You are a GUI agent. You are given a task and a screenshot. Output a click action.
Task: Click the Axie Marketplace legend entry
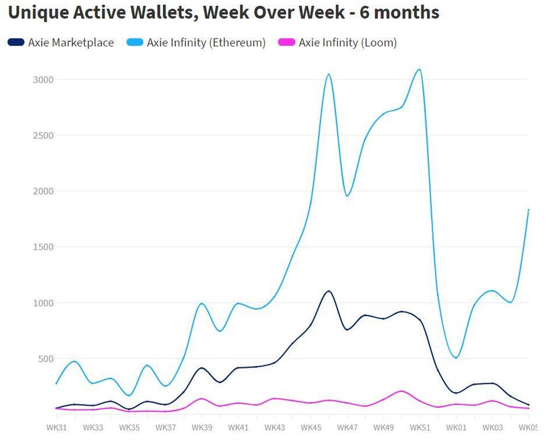pyautogui.click(x=71, y=43)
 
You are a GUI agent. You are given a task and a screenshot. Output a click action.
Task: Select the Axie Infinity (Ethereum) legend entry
pyautogui.click(x=206, y=43)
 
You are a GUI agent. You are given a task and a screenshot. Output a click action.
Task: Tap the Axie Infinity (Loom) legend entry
pyautogui.click(x=347, y=43)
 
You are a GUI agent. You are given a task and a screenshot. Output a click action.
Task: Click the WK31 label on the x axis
pyautogui.click(x=57, y=427)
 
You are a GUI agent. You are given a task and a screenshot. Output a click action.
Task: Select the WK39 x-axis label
pyautogui.click(x=202, y=427)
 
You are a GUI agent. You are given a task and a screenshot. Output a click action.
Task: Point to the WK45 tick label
pyautogui.click(x=311, y=427)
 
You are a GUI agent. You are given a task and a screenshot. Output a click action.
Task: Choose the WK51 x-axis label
pyautogui.click(x=420, y=427)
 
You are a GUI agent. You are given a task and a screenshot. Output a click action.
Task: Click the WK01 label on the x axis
pyautogui.click(x=456, y=427)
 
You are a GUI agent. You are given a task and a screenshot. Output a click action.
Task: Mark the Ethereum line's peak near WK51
pyautogui.click(x=419, y=69)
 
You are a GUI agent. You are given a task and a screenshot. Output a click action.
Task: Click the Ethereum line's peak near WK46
pyautogui.click(x=328, y=74)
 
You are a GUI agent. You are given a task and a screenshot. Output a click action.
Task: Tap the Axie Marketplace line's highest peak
pyautogui.click(x=328, y=291)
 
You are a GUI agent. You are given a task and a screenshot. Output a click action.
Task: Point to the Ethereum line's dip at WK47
pyautogui.click(x=347, y=195)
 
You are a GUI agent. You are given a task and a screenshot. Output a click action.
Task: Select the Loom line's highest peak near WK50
pyautogui.click(x=401, y=391)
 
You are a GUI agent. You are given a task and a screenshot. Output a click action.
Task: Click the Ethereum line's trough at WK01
pyautogui.click(x=456, y=357)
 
